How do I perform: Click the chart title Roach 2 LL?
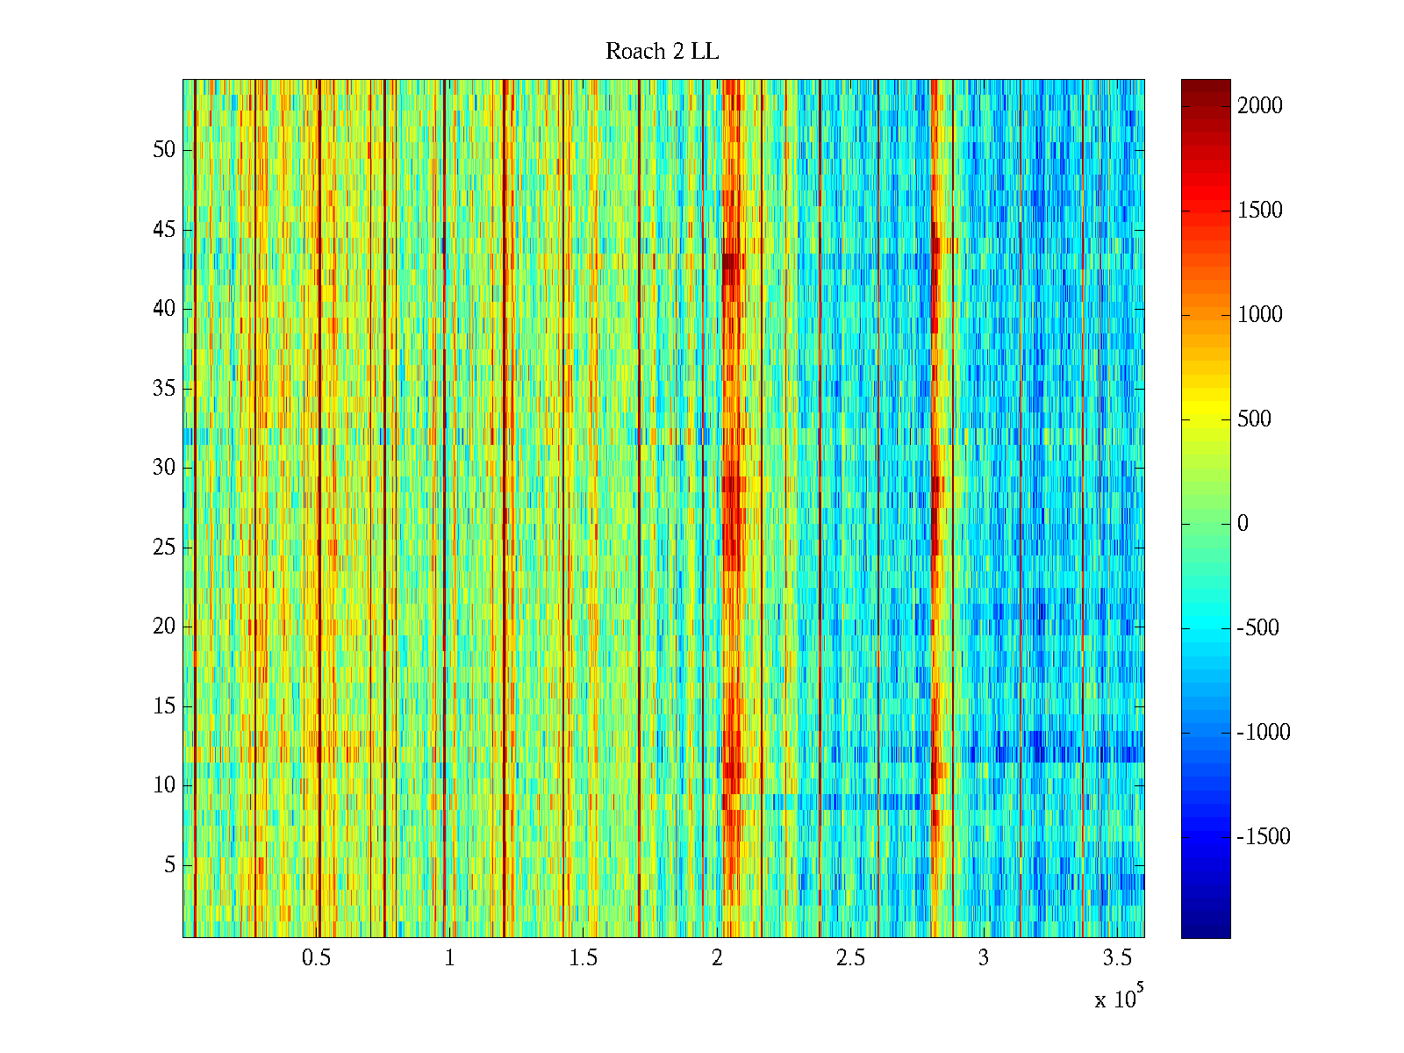click(x=662, y=52)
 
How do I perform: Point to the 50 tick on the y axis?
click(x=164, y=150)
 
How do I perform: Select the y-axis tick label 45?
click(x=164, y=230)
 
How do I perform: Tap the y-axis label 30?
click(x=164, y=468)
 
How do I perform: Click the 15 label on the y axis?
click(x=164, y=706)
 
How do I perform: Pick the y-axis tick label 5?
click(x=169, y=865)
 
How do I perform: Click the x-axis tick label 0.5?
click(x=316, y=958)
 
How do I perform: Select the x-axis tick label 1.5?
click(x=583, y=958)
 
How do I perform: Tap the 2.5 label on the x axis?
click(x=849, y=958)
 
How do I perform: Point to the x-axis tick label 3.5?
click(x=1116, y=958)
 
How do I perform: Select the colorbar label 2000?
click(x=1259, y=106)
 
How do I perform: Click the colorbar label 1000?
click(x=1259, y=315)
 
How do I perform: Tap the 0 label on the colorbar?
click(x=1243, y=524)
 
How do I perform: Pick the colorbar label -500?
click(x=1257, y=628)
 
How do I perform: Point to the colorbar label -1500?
click(x=1264, y=837)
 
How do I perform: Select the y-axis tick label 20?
click(x=164, y=627)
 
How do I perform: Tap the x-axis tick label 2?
click(x=717, y=958)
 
